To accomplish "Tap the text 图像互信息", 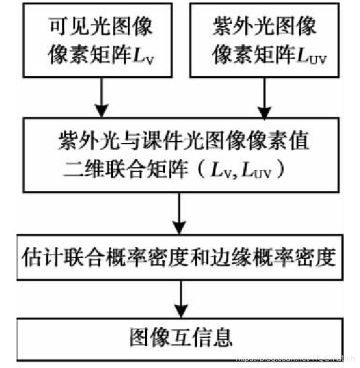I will tap(180, 338).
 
